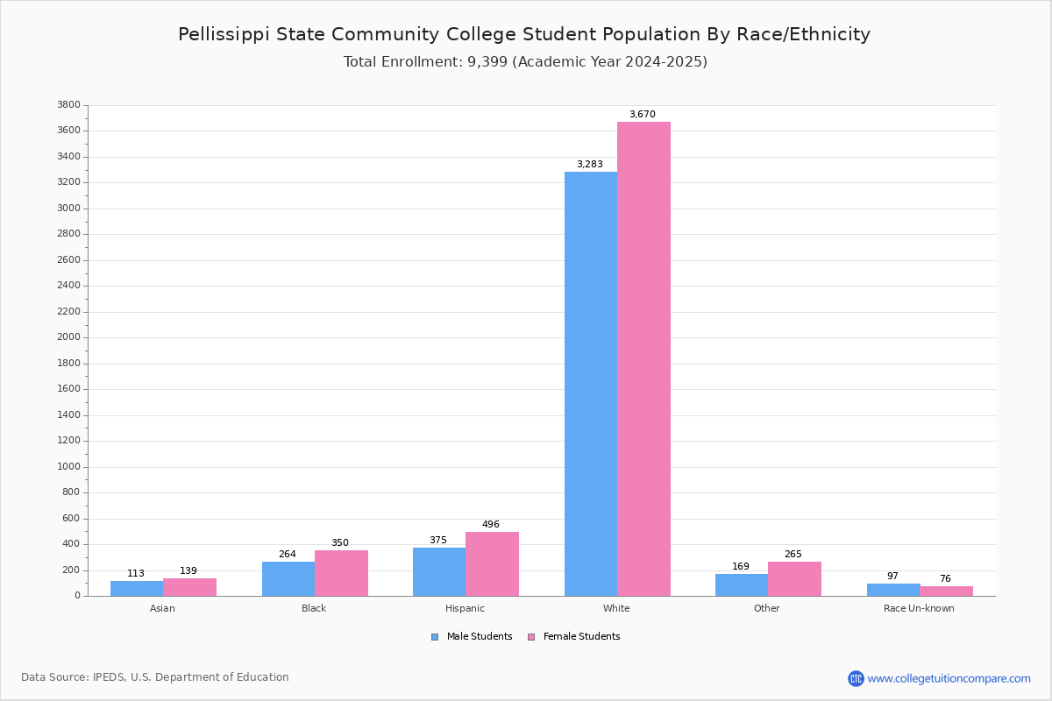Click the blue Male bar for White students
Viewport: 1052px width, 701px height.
tap(591, 384)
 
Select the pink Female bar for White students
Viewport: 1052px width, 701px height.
tap(643, 359)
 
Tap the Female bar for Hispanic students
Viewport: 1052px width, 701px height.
tap(492, 564)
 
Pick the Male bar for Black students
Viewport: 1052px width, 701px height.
tap(288, 579)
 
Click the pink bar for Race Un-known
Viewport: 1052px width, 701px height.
tap(946, 591)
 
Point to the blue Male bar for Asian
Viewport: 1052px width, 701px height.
tap(137, 589)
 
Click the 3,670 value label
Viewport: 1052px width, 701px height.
tap(643, 114)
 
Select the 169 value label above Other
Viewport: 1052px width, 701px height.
tap(741, 566)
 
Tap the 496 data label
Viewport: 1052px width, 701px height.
tap(491, 524)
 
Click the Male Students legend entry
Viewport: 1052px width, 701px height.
tap(472, 637)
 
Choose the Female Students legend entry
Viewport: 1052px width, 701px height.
tap(574, 637)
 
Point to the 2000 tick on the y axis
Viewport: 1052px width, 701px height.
tap(69, 337)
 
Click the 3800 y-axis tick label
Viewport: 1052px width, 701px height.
tap(69, 104)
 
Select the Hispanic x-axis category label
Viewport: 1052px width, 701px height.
tap(465, 608)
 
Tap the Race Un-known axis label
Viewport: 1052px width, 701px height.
tap(919, 608)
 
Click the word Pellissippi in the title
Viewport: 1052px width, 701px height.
tap(224, 35)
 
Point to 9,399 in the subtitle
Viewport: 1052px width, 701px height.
tap(487, 62)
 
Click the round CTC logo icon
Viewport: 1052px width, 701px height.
tap(857, 678)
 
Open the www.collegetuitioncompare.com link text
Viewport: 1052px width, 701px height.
tap(949, 679)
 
